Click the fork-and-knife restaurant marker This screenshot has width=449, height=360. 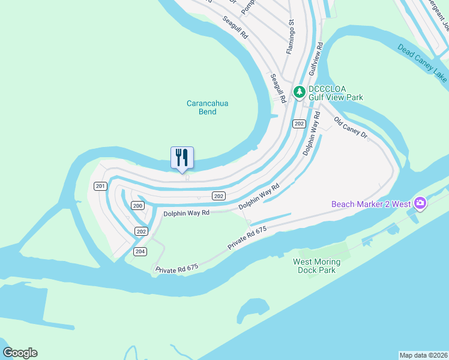[182, 158]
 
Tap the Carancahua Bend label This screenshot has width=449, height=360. [208, 107]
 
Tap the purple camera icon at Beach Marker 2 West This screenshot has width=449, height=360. [420, 203]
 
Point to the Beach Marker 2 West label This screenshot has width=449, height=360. [371, 204]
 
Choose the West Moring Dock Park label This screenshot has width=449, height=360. [316, 266]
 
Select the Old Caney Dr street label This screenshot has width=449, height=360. [351, 127]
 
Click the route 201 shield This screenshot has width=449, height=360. [100, 187]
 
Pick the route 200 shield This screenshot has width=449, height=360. [138, 206]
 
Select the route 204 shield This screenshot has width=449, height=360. [140, 251]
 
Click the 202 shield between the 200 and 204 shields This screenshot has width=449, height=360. [141, 231]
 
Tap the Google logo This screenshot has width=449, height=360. [20, 353]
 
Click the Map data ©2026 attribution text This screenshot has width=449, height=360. [423, 355]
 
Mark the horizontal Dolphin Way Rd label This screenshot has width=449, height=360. [186, 213]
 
